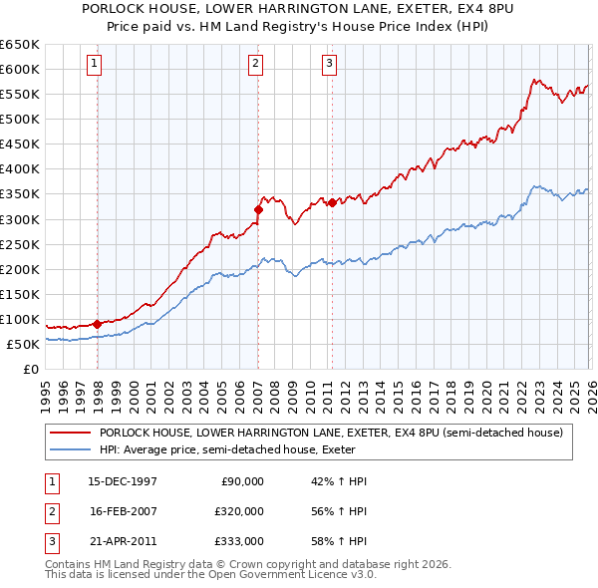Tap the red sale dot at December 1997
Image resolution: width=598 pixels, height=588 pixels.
click(x=97, y=323)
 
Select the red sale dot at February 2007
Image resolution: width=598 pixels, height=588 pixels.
click(x=258, y=209)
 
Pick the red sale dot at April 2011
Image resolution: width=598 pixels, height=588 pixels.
click(x=332, y=202)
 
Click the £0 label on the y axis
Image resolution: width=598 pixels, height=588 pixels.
click(x=30, y=369)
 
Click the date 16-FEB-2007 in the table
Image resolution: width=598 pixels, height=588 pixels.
click(x=123, y=510)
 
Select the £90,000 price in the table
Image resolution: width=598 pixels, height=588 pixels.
click(x=241, y=481)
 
